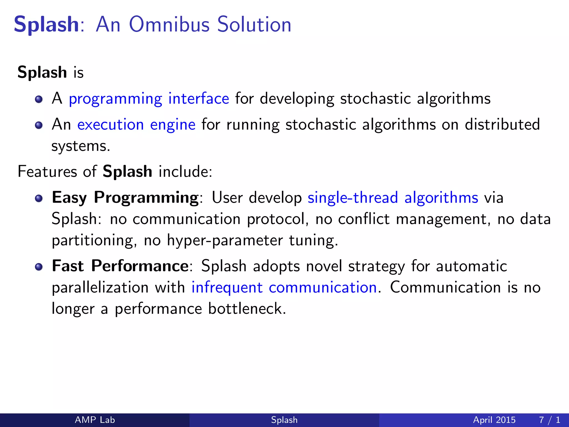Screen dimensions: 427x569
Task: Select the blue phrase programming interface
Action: (149, 99)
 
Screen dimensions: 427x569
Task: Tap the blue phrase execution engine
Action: (136, 125)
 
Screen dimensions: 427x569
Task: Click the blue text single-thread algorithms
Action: (393, 198)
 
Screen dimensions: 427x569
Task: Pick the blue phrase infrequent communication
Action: (284, 287)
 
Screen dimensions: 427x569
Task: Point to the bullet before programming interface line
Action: (39, 99)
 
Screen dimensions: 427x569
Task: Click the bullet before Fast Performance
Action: (39, 267)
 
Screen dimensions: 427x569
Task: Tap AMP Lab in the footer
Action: (95, 420)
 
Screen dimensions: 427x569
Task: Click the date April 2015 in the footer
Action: (494, 420)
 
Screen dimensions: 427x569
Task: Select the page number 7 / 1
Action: (550, 420)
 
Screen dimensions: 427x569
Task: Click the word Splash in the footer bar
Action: (284, 420)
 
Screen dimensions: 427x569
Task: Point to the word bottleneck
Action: (247, 309)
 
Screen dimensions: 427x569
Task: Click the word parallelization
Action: (100, 287)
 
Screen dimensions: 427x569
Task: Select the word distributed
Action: (502, 125)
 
